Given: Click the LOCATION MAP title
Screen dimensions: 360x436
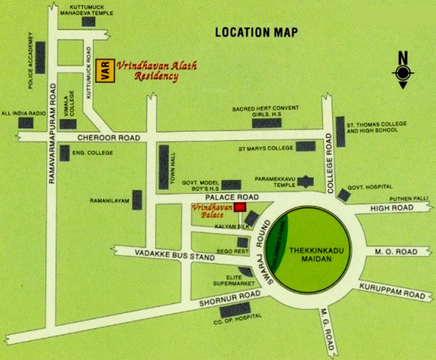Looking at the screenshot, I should pos(256,32).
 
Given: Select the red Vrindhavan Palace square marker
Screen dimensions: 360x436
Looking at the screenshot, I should pos(240,207).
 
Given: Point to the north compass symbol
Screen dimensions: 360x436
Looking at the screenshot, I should pos(403,72).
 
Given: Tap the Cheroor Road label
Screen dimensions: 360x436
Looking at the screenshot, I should pos(109,137).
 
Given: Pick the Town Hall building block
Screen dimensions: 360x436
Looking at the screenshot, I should pos(163,167).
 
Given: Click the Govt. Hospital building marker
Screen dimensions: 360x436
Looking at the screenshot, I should pos(344,195).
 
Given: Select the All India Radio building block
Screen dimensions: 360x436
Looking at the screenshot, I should pos(26,123).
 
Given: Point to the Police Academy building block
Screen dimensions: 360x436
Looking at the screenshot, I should pos(40,58).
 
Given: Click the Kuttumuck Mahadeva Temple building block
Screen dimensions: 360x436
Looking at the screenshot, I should pos(88,22).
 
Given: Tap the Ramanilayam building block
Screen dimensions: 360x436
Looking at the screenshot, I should pos(137,200).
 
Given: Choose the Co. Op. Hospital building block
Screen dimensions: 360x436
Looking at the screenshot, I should pos(235,309).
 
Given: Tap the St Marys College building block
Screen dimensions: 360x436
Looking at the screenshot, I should pos(305,146).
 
